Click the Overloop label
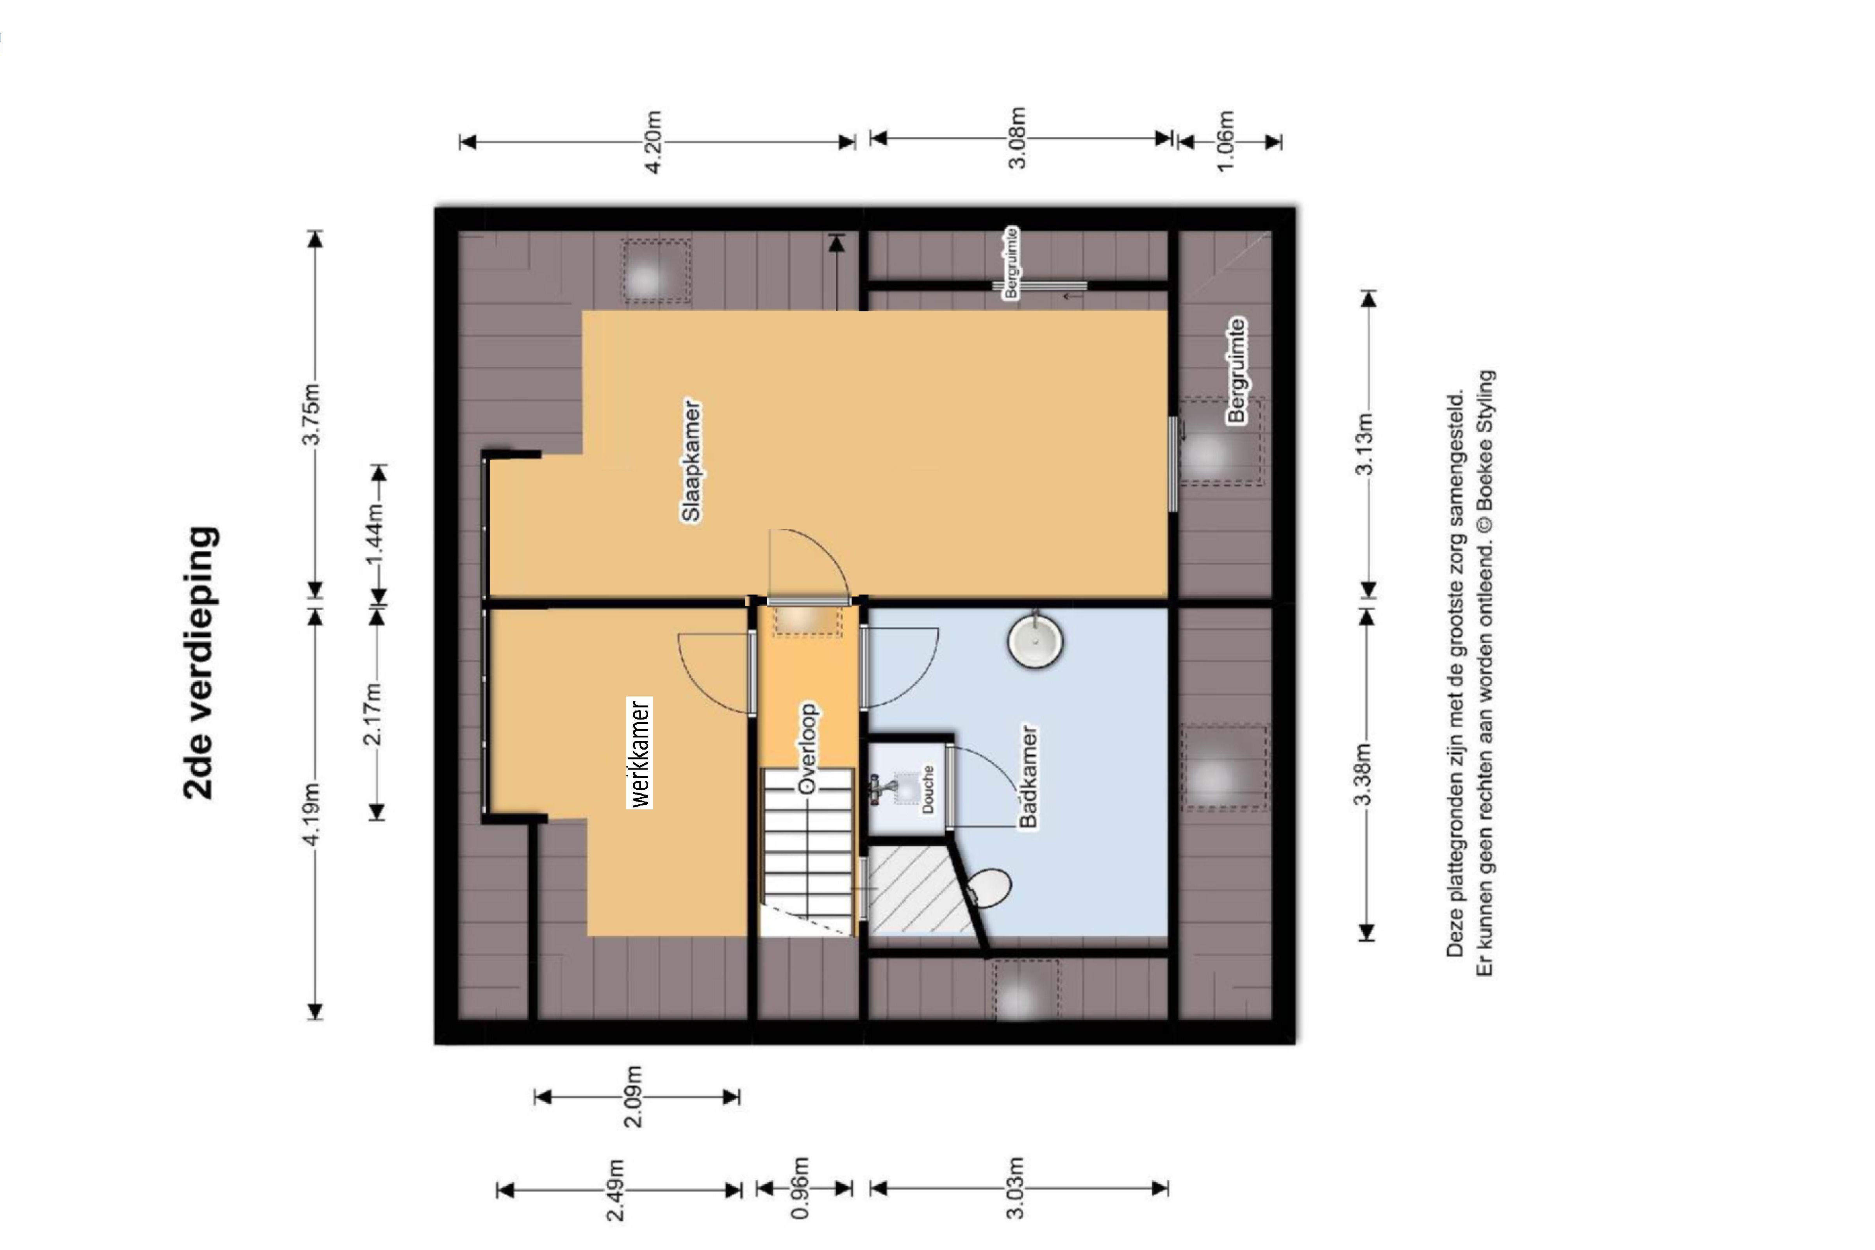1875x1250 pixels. pos(807,748)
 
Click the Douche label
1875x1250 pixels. pos(927,789)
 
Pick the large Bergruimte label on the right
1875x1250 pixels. pos(1236,371)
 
